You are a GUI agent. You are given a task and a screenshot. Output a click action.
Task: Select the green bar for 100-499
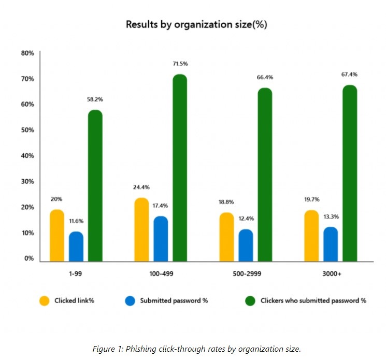[180, 168]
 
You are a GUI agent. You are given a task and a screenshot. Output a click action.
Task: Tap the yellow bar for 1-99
[58, 236]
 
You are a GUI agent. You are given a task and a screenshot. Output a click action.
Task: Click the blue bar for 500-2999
[246, 246]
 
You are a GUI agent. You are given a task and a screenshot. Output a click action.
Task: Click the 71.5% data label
[180, 64]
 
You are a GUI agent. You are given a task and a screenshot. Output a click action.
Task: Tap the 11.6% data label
[76, 221]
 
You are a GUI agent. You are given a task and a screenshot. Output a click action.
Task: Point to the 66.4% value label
[265, 78]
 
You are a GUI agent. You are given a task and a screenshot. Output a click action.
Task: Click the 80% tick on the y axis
[27, 53]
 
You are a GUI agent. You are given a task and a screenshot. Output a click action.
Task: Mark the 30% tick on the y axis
[27, 182]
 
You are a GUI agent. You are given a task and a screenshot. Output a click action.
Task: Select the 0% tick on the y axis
[29, 258]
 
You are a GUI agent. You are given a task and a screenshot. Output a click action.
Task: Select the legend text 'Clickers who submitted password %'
[313, 300]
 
